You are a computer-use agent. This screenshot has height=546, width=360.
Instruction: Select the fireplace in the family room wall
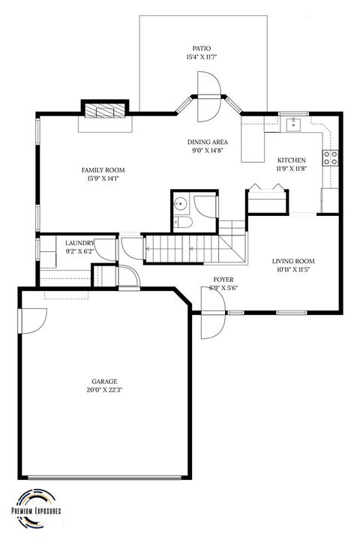tap(103, 111)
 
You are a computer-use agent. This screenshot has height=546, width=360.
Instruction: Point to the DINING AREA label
tap(208, 142)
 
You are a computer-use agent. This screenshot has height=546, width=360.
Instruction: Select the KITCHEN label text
tap(292, 160)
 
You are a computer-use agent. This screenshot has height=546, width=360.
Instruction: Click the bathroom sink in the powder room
tap(180, 202)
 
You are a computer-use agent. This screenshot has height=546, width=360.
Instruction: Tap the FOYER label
tap(223, 279)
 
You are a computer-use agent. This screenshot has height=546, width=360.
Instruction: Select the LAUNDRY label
tap(79, 243)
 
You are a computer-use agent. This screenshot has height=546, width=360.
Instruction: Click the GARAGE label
tap(105, 381)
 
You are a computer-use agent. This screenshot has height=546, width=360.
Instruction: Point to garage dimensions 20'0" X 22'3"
tap(105, 390)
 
